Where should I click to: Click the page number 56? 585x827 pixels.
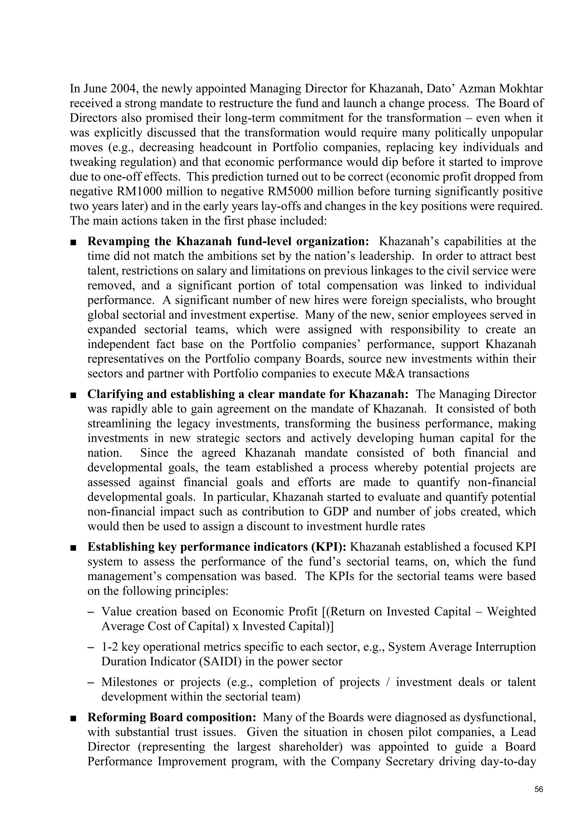click(538, 790)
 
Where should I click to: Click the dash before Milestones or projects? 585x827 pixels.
click(91, 682)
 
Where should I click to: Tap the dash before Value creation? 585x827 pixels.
click(91, 612)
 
